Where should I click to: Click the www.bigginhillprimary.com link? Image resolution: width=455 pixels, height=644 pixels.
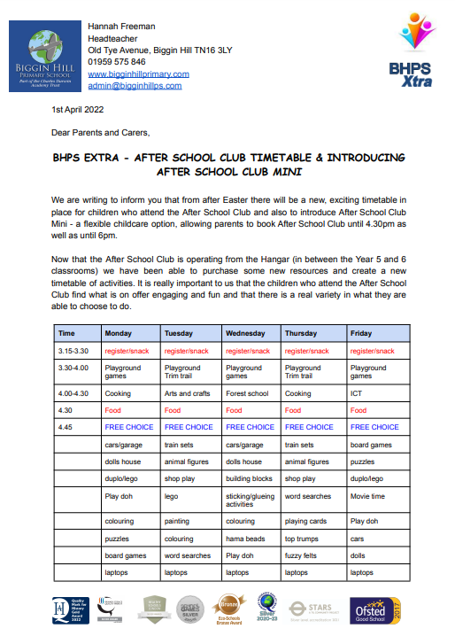139,74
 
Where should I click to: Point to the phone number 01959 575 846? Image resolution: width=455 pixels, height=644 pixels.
118,62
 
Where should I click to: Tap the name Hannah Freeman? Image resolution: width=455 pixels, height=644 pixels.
122,26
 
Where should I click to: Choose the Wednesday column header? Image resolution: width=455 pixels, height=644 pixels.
246,333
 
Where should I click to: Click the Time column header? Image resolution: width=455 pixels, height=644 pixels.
67,333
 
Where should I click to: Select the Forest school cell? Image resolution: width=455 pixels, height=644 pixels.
246,393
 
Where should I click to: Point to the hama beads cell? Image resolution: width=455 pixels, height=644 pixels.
245,538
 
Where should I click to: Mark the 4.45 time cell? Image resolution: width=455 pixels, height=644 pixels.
66,427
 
